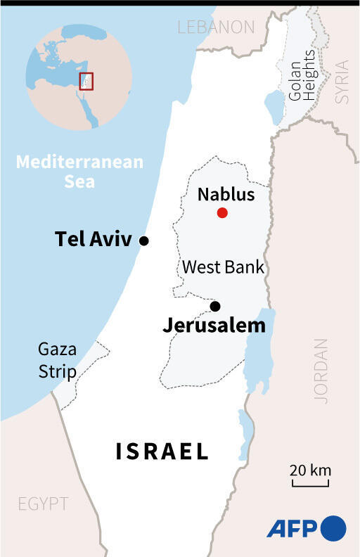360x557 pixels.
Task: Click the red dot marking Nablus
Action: pyautogui.click(x=222, y=213)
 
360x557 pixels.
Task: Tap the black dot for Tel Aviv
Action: pyautogui.click(x=144, y=241)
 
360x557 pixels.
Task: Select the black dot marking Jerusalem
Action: pyautogui.click(x=215, y=306)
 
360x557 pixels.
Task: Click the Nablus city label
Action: pyautogui.click(x=226, y=194)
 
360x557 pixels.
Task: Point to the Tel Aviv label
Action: pyautogui.click(x=93, y=240)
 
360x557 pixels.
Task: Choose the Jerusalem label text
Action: pyautogui.click(x=214, y=326)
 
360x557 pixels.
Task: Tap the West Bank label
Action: pyautogui.click(x=223, y=267)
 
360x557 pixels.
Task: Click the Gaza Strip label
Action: pyautogui.click(x=58, y=360)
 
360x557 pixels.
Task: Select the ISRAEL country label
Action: pyautogui.click(x=162, y=451)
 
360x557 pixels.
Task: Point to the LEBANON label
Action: pyautogui.click(x=216, y=27)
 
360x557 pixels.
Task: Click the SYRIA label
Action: pyautogui.click(x=342, y=82)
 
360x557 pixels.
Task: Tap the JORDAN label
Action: pyautogui.click(x=321, y=371)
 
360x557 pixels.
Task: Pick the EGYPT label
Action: pyautogui.click(x=44, y=504)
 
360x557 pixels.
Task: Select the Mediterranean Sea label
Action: pyautogui.click(x=79, y=172)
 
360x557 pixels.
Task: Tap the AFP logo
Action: pyautogui.click(x=306, y=527)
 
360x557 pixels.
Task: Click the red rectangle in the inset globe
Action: pyautogui.click(x=86, y=82)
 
